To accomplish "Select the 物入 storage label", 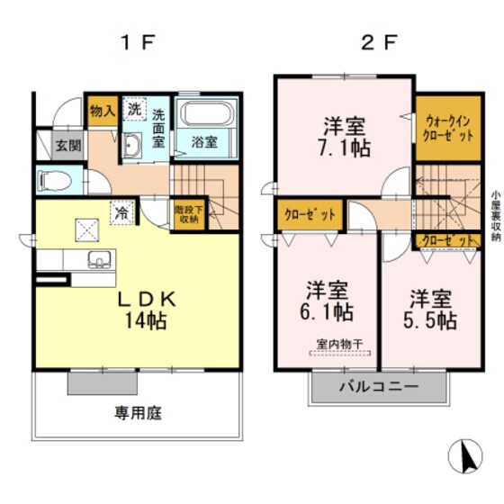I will coord(102,112).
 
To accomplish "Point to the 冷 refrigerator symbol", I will coord(120,213).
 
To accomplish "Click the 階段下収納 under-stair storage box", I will coord(186,212).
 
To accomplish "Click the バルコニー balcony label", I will coord(378,390).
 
